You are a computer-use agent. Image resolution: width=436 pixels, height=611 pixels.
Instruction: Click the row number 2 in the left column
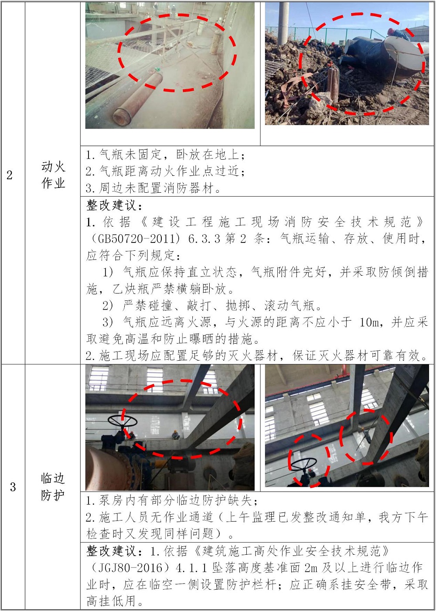coord(10,175)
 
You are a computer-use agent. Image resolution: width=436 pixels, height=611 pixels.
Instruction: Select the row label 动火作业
coord(53,174)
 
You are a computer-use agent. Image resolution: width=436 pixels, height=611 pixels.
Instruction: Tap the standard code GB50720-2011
coord(134,239)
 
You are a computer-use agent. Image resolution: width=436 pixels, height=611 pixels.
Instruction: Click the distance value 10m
coord(371,322)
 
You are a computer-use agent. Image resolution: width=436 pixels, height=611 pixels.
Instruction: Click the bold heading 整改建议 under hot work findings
coord(111,205)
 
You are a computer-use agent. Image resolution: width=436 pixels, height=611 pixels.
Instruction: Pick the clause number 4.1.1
coord(192,568)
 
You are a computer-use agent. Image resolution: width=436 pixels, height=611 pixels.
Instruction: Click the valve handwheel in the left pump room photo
coord(123,421)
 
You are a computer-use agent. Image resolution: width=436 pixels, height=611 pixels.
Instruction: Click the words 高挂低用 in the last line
coord(111,601)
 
